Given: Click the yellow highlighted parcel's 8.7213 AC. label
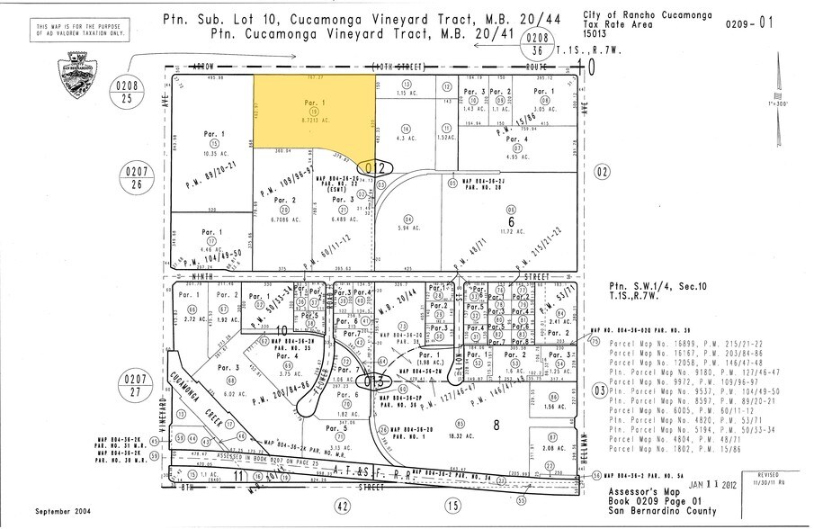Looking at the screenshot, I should (310, 119).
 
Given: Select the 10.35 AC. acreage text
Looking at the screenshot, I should (213, 154).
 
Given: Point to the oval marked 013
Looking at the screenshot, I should (374, 381).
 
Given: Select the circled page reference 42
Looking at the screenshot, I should (342, 506).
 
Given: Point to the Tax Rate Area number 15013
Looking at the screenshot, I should (595, 34).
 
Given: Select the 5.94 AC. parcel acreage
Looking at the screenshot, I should (411, 229).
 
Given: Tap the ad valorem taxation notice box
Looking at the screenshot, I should (69, 31).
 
